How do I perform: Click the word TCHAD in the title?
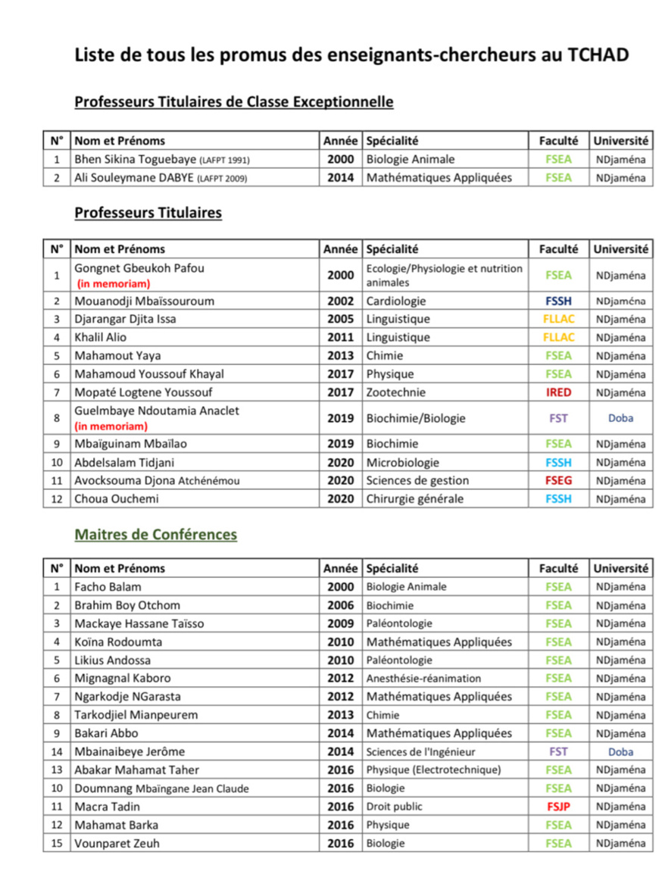click(598, 55)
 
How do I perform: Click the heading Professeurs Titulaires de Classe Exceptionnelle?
click(233, 101)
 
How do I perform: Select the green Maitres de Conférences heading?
click(155, 535)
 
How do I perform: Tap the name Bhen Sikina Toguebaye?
click(133, 160)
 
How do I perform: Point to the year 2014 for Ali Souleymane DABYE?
click(340, 178)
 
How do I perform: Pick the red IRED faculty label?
click(558, 392)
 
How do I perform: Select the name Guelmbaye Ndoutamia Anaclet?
click(156, 411)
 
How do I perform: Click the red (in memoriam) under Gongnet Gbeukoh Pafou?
click(114, 284)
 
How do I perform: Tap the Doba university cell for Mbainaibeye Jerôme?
click(620, 752)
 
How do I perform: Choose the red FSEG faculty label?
click(558, 480)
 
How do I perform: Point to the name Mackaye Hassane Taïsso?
click(139, 623)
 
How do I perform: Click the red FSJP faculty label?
click(558, 807)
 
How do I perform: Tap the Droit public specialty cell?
click(395, 807)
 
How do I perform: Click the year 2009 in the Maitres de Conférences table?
click(340, 623)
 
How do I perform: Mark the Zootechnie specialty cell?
click(395, 392)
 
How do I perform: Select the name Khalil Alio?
click(101, 337)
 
